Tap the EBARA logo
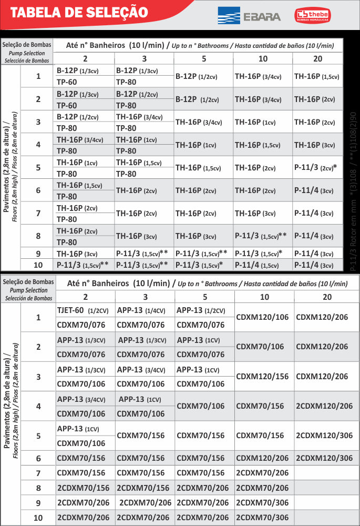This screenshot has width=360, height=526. click(249, 16)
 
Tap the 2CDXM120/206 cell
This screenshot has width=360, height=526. click(324, 406)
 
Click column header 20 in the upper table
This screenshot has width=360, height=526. click(317, 58)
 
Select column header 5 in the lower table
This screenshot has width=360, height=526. click(204, 297)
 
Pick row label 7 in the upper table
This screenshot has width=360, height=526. click(38, 213)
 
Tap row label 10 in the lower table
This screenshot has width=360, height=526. click(38, 518)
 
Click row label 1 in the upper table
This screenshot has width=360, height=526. click(38, 76)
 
